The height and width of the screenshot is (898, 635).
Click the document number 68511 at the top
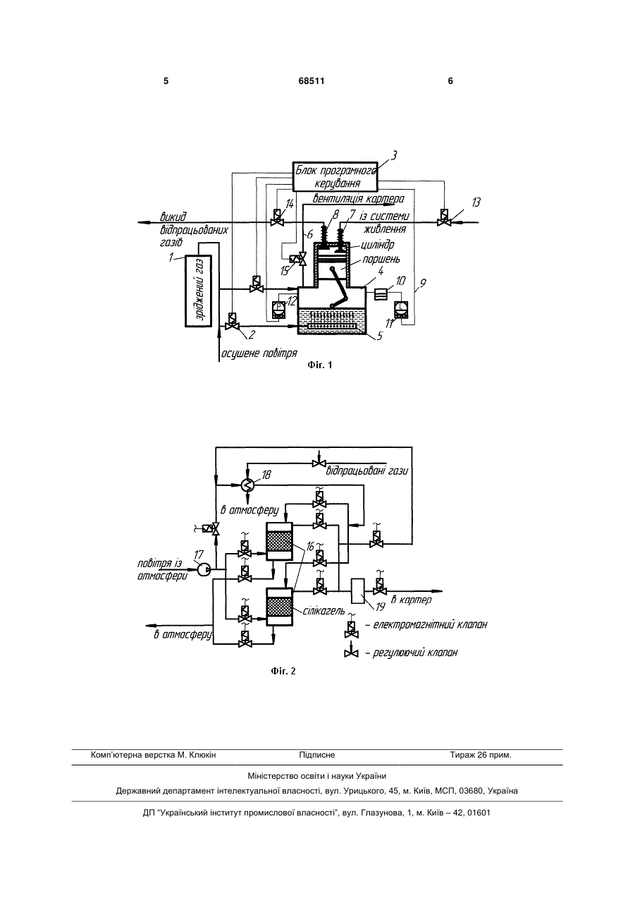[312, 81]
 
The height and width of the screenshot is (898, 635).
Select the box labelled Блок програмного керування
[335, 177]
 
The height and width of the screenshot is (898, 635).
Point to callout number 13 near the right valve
[475, 202]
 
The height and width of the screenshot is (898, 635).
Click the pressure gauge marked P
[278, 310]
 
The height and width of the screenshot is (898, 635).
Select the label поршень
[381, 260]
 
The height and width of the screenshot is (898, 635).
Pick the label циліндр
[377, 245]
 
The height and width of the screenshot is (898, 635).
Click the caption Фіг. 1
[320, 365]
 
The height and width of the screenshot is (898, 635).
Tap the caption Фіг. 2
[283, 671]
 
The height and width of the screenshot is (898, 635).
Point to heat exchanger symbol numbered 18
[247, 485]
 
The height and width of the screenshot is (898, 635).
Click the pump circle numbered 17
[204, 570]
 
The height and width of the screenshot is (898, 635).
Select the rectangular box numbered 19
[357, 590]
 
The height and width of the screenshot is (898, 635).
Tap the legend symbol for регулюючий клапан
[351, 653]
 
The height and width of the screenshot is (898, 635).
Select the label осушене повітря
[259, 353]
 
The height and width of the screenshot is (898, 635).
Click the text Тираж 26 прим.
[481, 756]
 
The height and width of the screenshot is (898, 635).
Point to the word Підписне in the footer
[317, 756]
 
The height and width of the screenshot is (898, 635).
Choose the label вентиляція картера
[358, 199]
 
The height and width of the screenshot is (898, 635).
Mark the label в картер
[411, 600]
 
